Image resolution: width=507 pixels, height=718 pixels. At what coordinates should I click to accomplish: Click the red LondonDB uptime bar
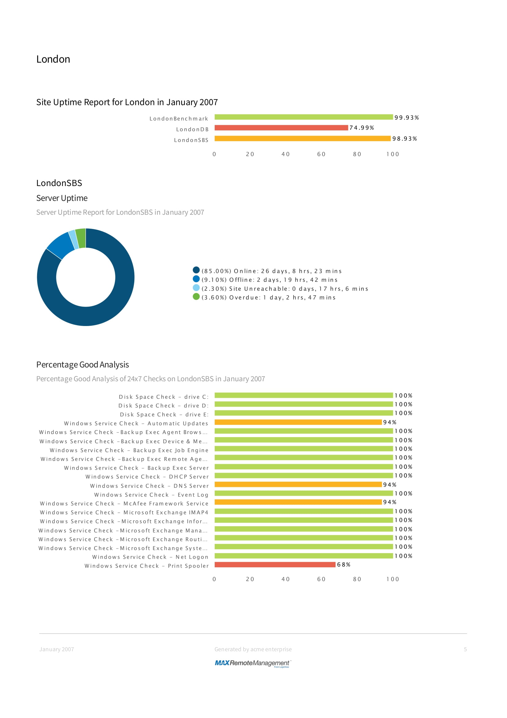point(281,128)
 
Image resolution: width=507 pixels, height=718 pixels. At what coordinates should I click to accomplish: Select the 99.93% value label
point(406,118)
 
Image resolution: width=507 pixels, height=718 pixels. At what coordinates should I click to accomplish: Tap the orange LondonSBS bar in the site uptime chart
point(302,138)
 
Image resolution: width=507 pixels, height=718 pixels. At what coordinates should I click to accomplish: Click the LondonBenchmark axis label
point(179,118)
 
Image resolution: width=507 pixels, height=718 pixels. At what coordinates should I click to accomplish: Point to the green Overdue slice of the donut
point(81,238)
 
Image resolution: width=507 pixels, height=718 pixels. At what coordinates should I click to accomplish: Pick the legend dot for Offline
point(196,279)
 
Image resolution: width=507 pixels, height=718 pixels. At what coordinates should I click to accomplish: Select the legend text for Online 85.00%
point(271,271)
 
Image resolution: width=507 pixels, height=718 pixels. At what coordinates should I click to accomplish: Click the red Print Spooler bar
point(275,565)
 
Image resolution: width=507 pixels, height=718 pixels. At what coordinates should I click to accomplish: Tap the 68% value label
point(344,565)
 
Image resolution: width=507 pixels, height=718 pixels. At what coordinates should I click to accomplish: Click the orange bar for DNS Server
point(298,484)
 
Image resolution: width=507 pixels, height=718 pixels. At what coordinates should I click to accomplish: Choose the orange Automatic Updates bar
point(298,422)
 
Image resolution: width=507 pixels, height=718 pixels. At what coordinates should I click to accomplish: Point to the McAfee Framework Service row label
point(124,503)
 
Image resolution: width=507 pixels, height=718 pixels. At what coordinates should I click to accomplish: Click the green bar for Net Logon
point(304,556)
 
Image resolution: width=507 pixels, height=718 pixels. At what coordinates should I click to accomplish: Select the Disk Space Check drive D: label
point(163,406)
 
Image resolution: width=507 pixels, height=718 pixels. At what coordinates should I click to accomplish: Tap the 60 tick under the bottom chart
point(321,579)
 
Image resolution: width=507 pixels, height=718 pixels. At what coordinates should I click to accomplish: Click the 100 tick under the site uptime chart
point(393,154)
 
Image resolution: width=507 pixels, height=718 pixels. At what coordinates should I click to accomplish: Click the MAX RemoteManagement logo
point(253,663)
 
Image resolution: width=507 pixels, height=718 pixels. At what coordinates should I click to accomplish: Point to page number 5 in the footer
point(465,649)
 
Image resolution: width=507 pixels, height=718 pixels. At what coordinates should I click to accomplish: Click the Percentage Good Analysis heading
point(83,365)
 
